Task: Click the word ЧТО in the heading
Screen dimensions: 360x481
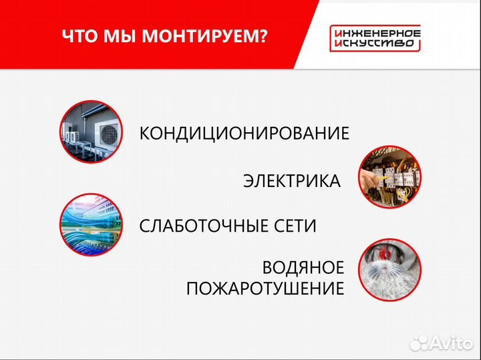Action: coord(81,36)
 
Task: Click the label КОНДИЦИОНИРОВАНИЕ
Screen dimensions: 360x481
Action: coord(244,133)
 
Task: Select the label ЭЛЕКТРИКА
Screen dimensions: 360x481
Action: coord(291,181)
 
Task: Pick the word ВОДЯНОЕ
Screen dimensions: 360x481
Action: coord(303,268)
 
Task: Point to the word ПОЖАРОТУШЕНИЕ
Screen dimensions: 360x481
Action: coord(265,289)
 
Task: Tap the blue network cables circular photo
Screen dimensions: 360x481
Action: coord(90,224)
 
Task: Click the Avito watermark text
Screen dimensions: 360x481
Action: coord(452,343)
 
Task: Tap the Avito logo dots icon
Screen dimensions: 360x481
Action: coord(418,343)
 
